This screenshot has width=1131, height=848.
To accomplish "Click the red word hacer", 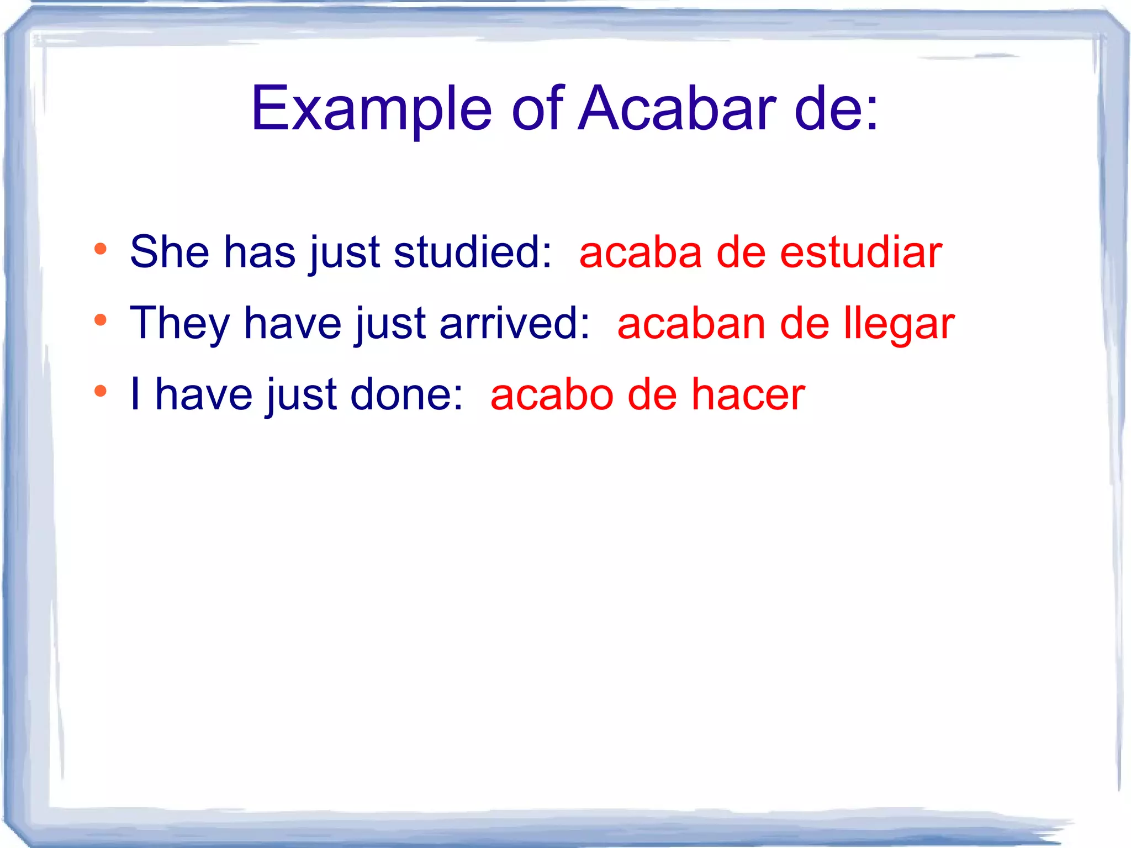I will click(x=748, y=395).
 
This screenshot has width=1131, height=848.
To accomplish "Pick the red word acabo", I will click(x=552, y=395).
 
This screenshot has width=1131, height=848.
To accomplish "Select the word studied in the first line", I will click(x=472, y=252).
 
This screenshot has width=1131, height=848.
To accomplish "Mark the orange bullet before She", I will click(x=100, y=249).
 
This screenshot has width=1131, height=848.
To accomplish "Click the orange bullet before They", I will click(x=100, y=320).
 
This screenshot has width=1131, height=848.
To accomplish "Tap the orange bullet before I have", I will click(x=100, y=392).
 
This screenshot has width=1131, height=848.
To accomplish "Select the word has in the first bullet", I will click(x=260, y=252).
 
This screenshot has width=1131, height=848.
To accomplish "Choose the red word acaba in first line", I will click(x=640, y=252).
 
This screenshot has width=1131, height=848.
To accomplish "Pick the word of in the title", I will click(x=537, y=109).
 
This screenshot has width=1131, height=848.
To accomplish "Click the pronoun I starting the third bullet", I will click(x=135, y=395).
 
